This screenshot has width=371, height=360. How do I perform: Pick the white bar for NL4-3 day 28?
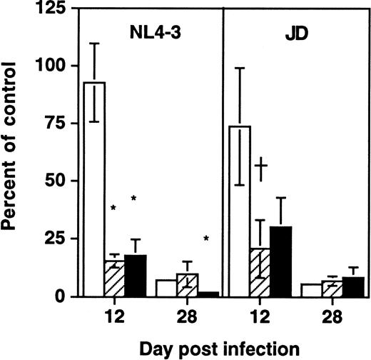(166, 288)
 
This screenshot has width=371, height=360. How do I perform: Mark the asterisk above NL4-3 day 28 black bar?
(205, 239)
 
